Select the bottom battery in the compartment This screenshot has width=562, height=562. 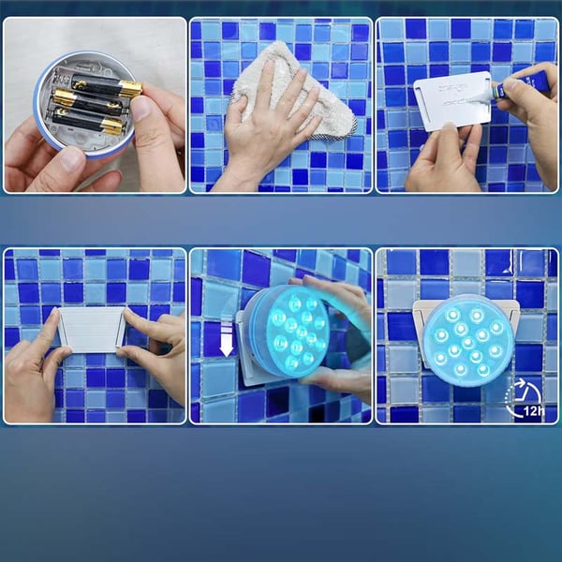click(x=89, y=120)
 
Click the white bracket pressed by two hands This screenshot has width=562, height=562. click(x=91, y=329)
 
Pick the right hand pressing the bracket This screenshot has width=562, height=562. click(x=159, y=347)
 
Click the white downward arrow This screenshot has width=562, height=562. click(x=226, y=338)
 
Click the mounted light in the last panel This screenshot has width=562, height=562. click(x=467, y=339)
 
